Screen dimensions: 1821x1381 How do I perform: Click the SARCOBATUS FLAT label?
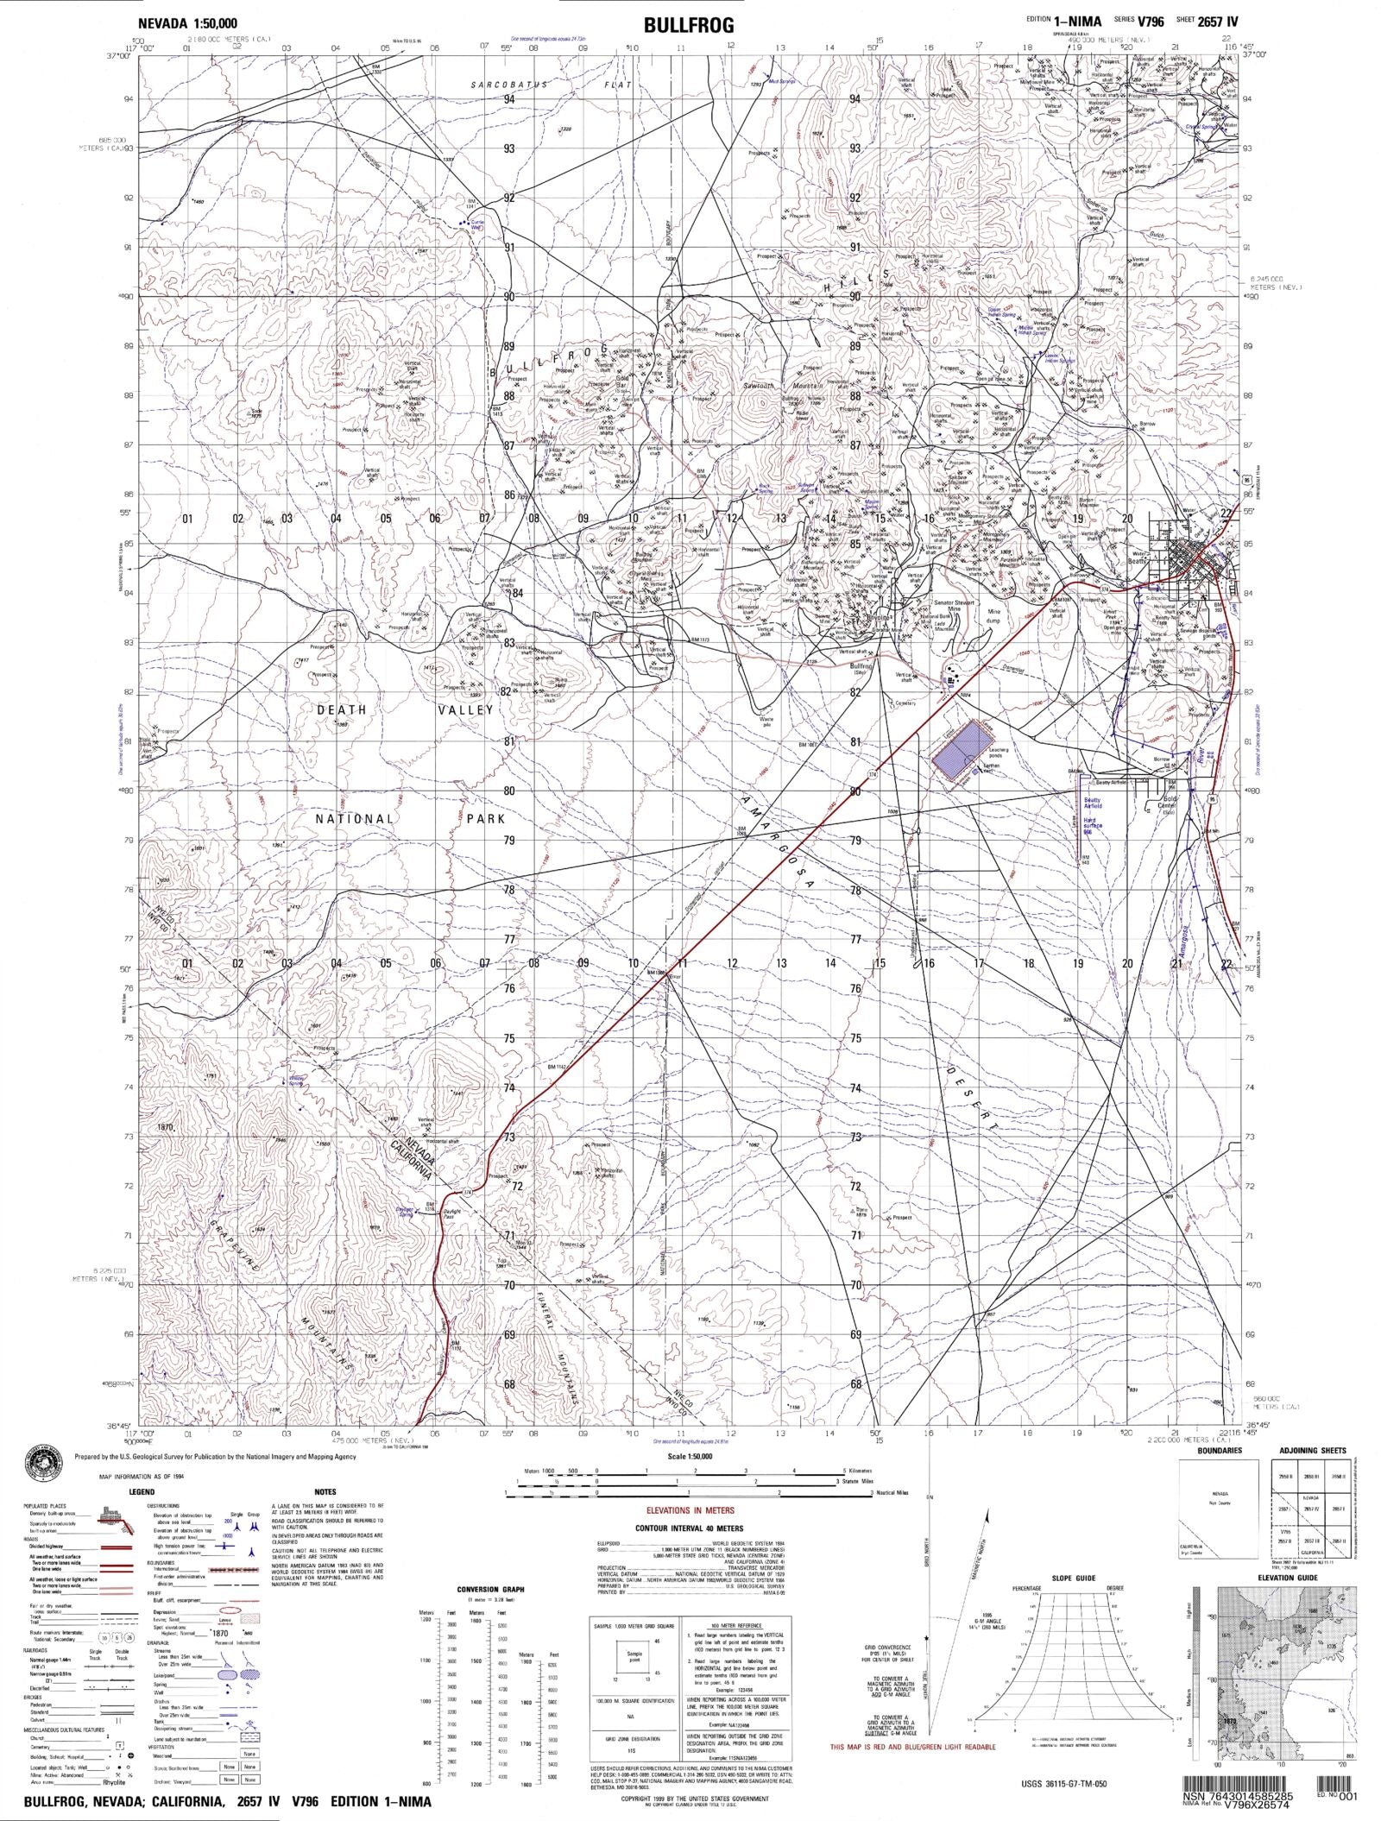552,85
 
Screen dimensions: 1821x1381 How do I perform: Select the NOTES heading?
325,1491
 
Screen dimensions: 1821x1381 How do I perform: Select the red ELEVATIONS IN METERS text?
690,1510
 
